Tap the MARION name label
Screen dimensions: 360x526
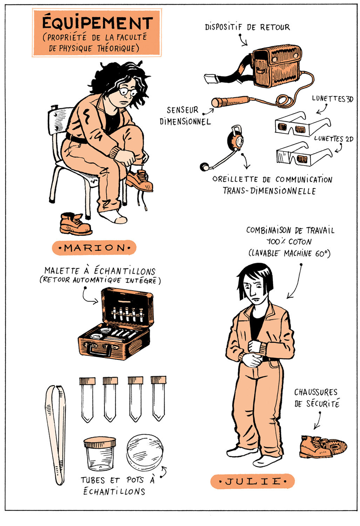pyautogui.click(x=94, y=248)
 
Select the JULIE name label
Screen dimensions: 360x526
pyautogui.click(x=252, y=481)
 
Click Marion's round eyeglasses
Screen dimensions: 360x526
pyautogui.click(x=128, y=92)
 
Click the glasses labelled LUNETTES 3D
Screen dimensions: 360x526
pyautogui.click(x=303, y=123)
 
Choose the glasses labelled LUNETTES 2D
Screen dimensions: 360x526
pyautogui.click(x=304, y=154)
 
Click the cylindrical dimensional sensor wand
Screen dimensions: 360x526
pyautogui.click(x=230, y=102)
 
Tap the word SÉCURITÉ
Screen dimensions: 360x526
pyautogui.click(x=323, y=404)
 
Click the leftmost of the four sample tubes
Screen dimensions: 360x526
pyautogui.click(x=87, y=399)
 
